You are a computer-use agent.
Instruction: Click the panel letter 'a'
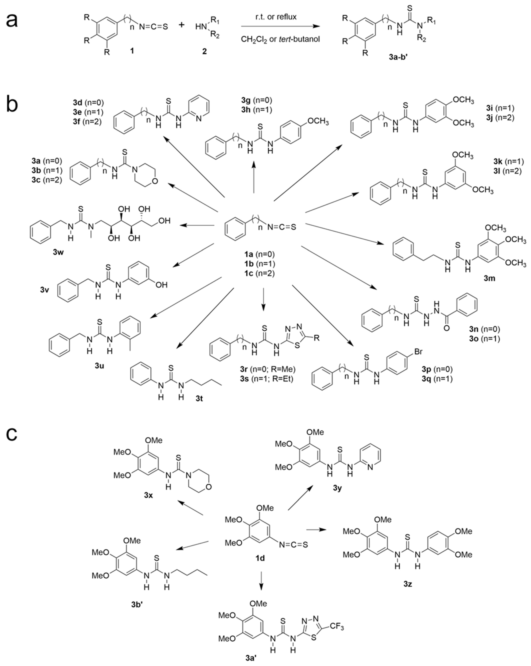12,21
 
